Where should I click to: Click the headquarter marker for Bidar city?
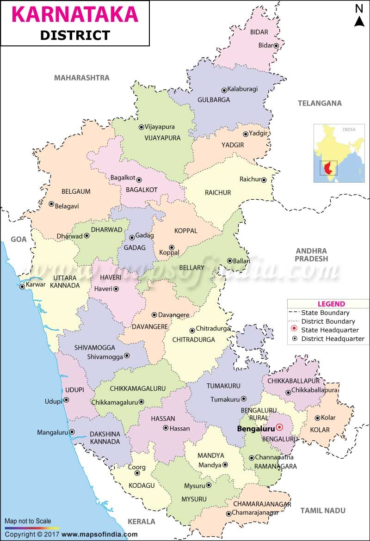276,45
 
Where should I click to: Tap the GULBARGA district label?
213,99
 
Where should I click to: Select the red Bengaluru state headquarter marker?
279,428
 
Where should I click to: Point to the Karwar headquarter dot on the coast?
22,287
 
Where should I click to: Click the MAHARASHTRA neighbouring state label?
82,78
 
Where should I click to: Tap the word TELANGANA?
320,103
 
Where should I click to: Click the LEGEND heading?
331,304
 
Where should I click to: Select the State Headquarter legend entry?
330,330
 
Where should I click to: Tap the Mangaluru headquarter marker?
72,432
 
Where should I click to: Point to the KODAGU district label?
142,485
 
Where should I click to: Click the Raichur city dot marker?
264,180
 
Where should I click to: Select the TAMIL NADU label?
323,510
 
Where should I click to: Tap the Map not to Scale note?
28,521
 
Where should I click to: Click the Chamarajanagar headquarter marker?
228,514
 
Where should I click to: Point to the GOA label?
19,239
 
